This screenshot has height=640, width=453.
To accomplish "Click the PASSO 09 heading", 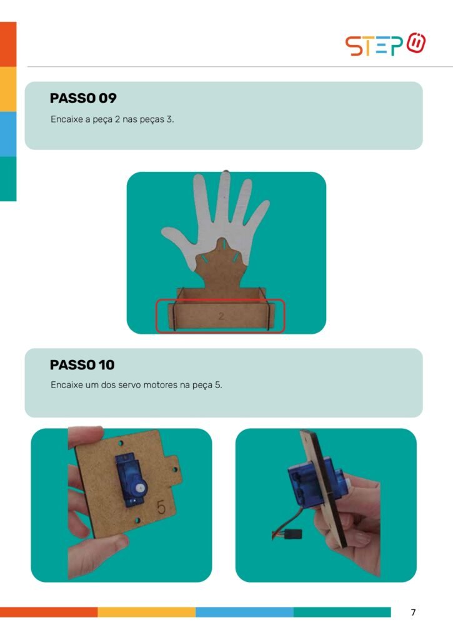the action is [x=83, y=98].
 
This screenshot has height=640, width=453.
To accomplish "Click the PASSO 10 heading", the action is [x=82, y=364].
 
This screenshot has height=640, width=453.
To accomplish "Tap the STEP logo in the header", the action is [x=386, y=44].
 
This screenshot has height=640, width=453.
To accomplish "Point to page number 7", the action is [x=413, y=612].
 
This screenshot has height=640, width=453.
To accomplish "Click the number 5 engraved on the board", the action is [x=162, y=507].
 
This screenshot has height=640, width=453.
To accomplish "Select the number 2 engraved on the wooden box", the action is [x=221, y=316].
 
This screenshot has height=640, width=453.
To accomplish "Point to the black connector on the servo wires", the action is [x=292, y=533].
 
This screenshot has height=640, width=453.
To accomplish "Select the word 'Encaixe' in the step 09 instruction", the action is [x=66, y=119].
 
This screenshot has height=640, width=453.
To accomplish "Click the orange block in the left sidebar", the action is [x=8, y=44].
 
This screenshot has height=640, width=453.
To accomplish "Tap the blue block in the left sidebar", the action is [x=8, y=134].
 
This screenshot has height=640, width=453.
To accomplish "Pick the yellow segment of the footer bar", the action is [x=146, y=612].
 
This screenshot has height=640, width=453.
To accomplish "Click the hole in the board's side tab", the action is [x=174, y=469].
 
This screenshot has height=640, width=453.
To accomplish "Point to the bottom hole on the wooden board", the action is [x=137, y=521].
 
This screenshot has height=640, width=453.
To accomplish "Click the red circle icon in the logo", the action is [x=416, y=43].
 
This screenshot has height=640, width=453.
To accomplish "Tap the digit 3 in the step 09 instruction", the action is [x=169, y=119].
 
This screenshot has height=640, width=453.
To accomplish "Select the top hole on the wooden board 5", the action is [x=121, y=443].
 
